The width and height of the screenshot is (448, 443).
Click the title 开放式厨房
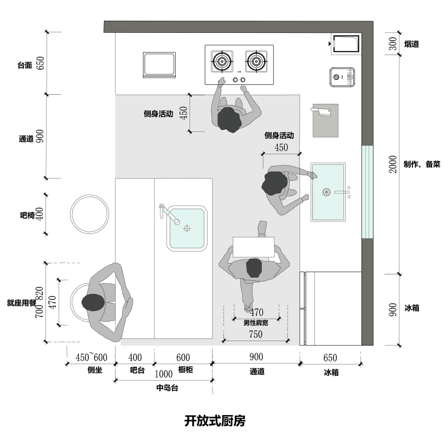(214, 421)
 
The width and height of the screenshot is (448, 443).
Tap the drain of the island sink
(187, 227)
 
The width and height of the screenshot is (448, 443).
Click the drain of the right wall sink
(326, 192)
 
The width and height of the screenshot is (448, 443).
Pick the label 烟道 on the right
(412, 44)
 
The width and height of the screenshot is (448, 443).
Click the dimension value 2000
(392, 164)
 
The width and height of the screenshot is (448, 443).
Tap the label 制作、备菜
(422, 164)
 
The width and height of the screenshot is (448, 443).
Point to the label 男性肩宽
(256, 323)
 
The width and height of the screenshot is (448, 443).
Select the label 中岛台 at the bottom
(168, 388)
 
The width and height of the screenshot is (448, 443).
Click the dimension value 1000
(164, 375)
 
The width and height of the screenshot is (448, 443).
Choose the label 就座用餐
(21, 302)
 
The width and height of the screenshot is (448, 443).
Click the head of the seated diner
(93, 302)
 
